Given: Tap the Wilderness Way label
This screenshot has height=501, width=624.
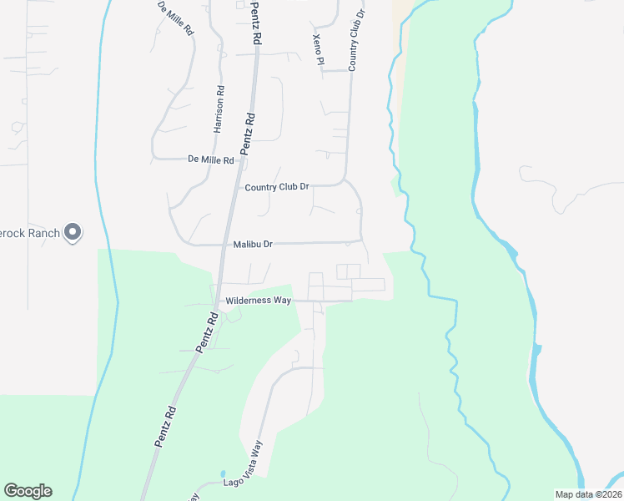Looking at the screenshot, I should tap(258, 300).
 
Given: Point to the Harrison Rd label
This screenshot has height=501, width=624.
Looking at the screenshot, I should tap(220, 110).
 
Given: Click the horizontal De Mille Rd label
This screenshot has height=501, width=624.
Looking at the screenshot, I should tap(211, 159).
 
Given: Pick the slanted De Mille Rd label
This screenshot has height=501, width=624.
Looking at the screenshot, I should tap(176, 18).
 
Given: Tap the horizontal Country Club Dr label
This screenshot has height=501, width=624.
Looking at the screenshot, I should tap(277, 187).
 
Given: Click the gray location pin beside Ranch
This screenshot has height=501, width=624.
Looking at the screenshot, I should tap(73, 232).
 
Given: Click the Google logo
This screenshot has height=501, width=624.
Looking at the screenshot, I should tap(28, 491).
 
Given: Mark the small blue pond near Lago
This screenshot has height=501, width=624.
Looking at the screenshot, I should tap(223, 473).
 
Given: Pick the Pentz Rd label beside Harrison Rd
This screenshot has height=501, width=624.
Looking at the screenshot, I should tap(248, 132).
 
